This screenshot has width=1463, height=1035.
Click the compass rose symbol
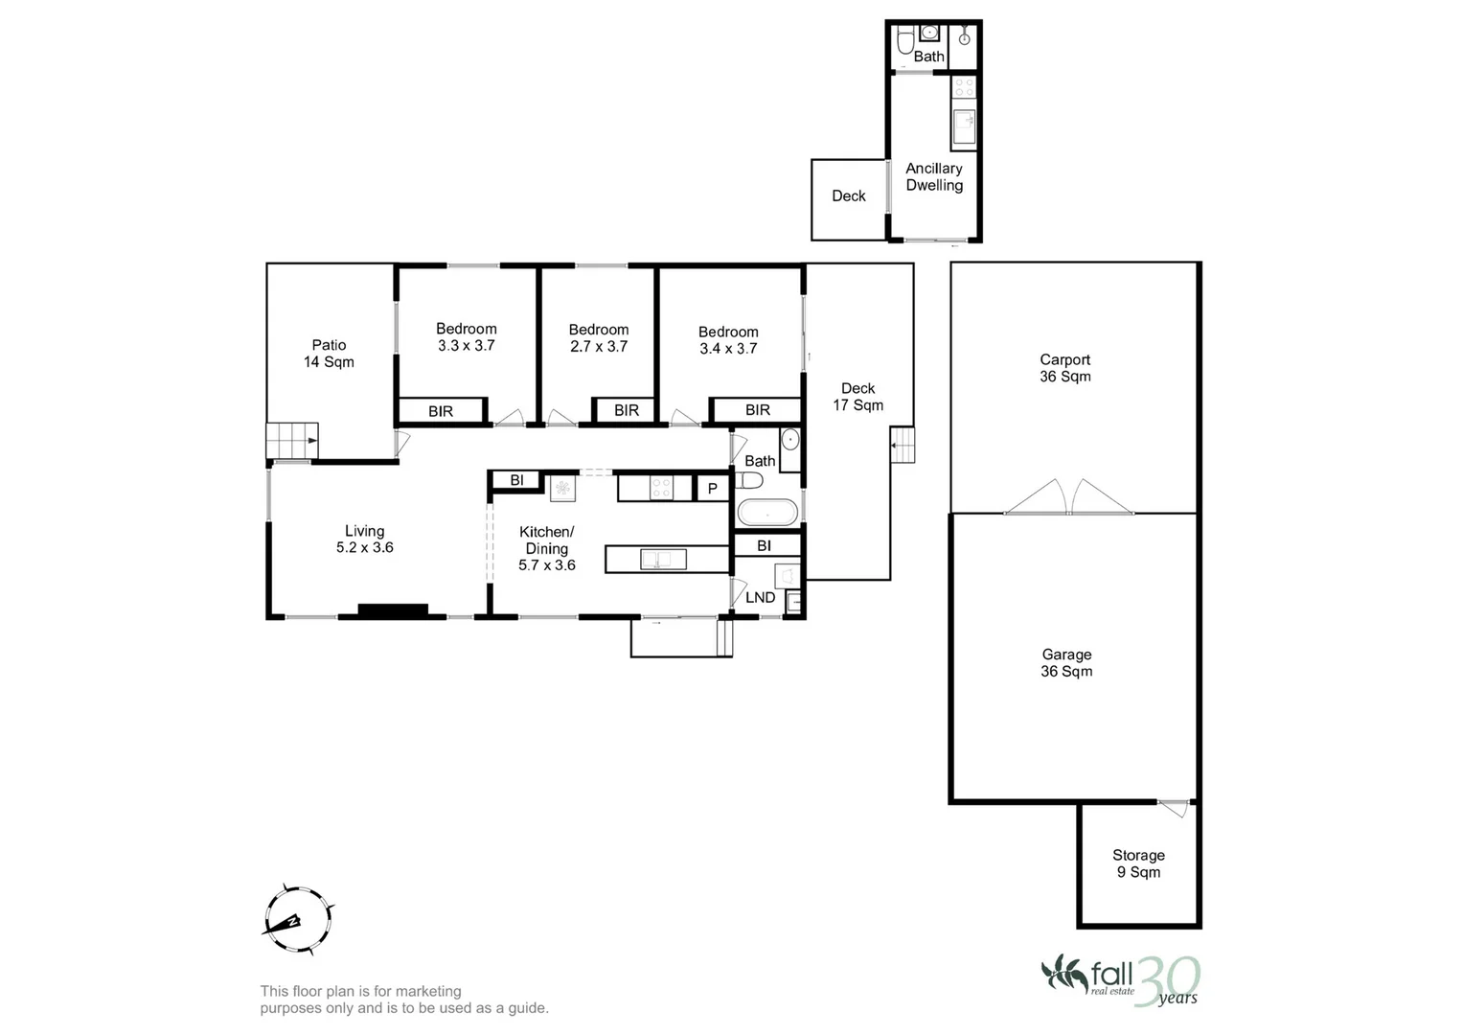(297, 919)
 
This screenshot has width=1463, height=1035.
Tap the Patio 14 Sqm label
(329, 354)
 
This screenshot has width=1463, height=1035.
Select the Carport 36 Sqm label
(1064, 368)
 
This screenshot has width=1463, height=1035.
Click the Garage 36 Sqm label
(1066, 663)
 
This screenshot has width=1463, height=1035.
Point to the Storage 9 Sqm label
(1138, 863)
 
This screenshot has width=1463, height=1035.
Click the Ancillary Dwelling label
(934, 177)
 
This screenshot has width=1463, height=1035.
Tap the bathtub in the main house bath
(766, 513)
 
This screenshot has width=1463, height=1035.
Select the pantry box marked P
(712, 489)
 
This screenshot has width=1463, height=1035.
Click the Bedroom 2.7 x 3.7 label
(599, 338)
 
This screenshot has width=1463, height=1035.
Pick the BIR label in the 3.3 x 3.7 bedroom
(441, 411)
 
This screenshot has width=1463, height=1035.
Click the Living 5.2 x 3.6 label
(364, 540)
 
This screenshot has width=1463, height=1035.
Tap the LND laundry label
(760, 597)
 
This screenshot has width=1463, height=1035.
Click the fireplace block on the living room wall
(393, 609)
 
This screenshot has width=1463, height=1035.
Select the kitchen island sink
(656, 559)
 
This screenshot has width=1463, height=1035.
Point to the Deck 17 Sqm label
(857, 397)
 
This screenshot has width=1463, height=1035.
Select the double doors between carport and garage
(1068, 497)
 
